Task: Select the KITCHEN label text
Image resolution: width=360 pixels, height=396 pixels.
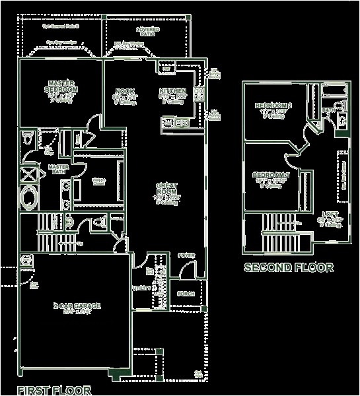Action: click(x=172, y=91)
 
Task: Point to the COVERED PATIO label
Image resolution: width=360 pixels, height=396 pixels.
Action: click(x=147, y=31)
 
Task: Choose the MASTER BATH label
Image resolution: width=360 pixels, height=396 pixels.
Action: click(x=59, y=170)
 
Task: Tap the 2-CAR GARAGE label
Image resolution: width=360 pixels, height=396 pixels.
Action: click(x=77, y=306)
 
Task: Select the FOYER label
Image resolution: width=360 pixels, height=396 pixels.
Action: click(x=187, y=255)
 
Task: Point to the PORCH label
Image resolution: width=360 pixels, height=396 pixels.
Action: click(x=186, y=292)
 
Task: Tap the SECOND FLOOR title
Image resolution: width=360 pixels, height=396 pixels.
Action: click(x=289, y=267)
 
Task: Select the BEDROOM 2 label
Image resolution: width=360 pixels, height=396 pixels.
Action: click(x=273, y=106)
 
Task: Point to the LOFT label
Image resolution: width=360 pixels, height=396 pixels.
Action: click(x=330, y=214)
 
